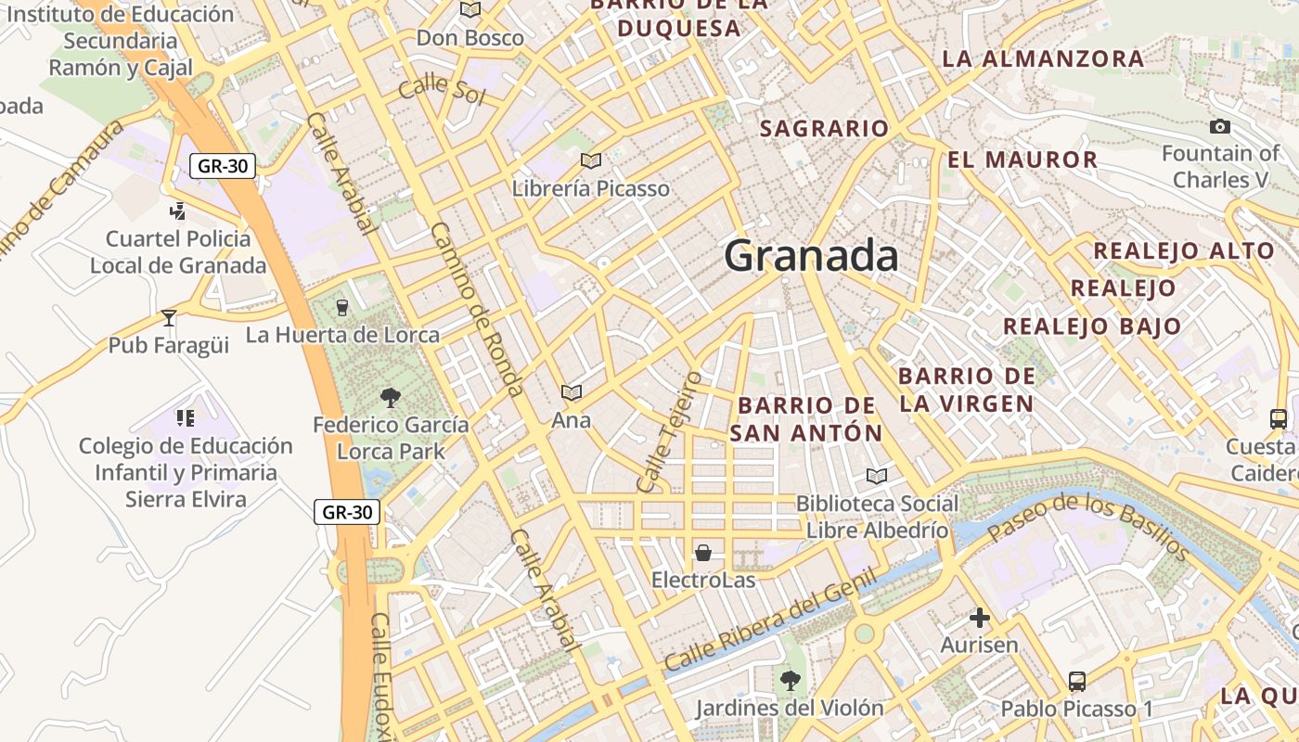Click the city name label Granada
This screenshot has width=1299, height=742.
[811, 256]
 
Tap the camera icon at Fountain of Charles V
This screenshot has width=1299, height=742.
[1220, 127]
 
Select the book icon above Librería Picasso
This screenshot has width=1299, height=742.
[591, 161]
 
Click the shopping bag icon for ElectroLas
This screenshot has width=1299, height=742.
[703, 554]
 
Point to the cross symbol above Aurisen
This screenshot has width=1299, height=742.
[980, 618]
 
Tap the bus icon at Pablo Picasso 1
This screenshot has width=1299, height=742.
[1076, 682]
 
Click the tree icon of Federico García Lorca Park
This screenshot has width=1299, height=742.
[391, 398]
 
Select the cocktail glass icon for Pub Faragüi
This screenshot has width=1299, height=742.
[168, 318]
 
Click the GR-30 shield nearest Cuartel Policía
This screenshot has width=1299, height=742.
[223, 166]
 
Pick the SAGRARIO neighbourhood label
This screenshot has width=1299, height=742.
[824, 129]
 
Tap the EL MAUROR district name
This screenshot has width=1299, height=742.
[1022, 160]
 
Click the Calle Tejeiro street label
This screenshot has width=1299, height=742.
[669, 432]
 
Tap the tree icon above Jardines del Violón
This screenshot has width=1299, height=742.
[790, 682]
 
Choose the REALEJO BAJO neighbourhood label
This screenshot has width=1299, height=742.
[1092, 326]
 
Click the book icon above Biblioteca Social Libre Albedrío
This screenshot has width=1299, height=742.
[876, 477]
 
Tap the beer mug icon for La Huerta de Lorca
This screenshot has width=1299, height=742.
[341, 307]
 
